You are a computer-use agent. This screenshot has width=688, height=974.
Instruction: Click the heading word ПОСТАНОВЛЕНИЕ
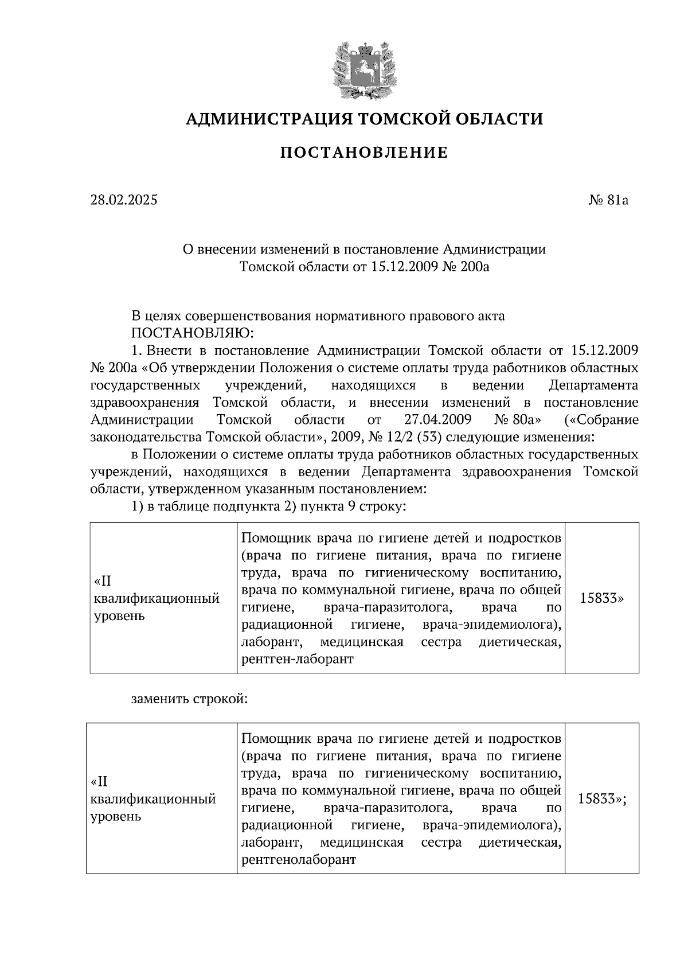[363, 153]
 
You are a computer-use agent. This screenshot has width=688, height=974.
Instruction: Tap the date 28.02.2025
[124, 200]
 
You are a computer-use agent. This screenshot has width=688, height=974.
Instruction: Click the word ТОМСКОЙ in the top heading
[404, 119]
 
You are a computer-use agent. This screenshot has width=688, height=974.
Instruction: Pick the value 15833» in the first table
[602, 598]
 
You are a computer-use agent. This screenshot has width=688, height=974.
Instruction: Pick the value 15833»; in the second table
[601, 798]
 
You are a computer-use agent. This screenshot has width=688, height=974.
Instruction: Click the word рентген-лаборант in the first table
[298, 660]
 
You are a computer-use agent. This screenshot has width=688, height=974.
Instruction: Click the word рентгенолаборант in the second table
[299, 860]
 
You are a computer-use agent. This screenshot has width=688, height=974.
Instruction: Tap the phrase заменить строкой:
[189, 700]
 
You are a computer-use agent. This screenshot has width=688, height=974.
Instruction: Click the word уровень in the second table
[116, 816]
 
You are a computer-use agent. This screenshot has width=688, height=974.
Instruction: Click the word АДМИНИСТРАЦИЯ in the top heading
[268, 119]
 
